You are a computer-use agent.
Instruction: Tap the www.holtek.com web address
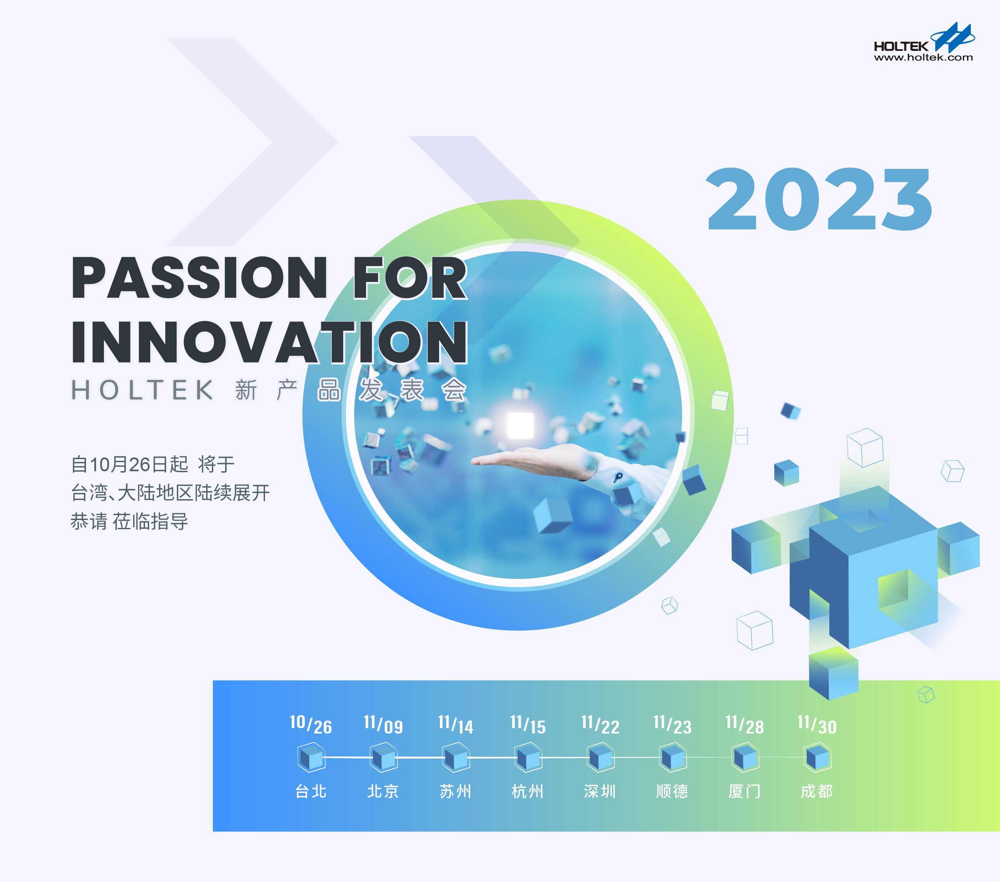point(923,58)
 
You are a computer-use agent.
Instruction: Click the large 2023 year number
point(819,199)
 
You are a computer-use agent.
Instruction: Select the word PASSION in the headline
point(199,278)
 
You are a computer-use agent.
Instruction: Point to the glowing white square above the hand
point(520,425)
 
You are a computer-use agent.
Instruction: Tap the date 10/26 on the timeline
point(311,724)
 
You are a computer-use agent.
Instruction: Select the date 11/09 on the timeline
point(383,724)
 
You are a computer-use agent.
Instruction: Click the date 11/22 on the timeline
point(600,724)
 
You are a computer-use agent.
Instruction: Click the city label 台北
point(311,791)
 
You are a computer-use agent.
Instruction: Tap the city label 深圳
point(600,791)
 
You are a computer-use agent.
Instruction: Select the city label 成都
point(816,791)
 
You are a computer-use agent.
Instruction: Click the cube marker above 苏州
point(455,758)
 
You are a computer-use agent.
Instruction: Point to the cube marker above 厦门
point(745,758)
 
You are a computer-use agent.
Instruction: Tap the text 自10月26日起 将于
point(153,464)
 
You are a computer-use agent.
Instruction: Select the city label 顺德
point(672,791)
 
